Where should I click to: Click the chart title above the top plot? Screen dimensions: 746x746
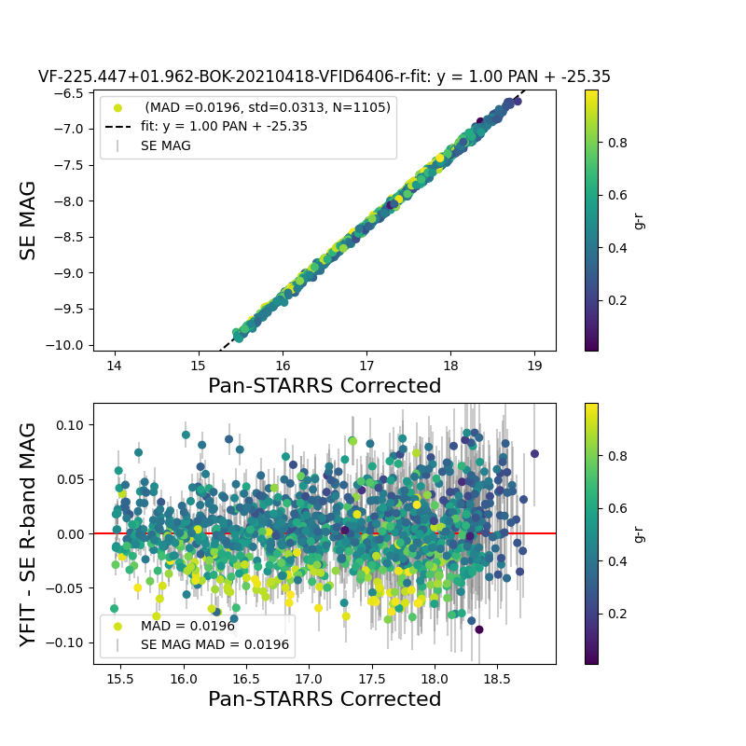pyautogui.click(x=325, y=77)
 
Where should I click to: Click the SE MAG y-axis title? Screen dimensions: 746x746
pyautogui.click(x=29, y=221)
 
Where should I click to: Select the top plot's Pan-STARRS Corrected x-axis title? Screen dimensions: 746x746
pyautogui.click(x=325, y=385)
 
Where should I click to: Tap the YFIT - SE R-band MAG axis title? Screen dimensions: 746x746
pyautogui.click(x=29, y=534)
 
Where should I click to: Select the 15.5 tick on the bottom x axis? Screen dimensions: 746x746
pyautogui.click(x=120, y=678)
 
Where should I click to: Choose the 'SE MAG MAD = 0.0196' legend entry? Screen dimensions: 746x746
pyautogui.click(x=214, y=644)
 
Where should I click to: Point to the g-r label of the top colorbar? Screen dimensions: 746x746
pyautogui.click(x=639, y=220)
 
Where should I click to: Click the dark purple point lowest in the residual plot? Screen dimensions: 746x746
pyautogui.click(x=479, y=629)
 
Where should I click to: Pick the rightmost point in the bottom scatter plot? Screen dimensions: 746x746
pyautogui.click(x=534, y=454)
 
